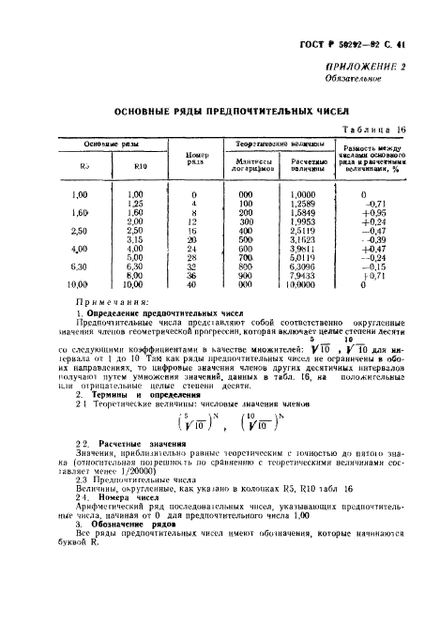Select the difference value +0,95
point(373,215)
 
